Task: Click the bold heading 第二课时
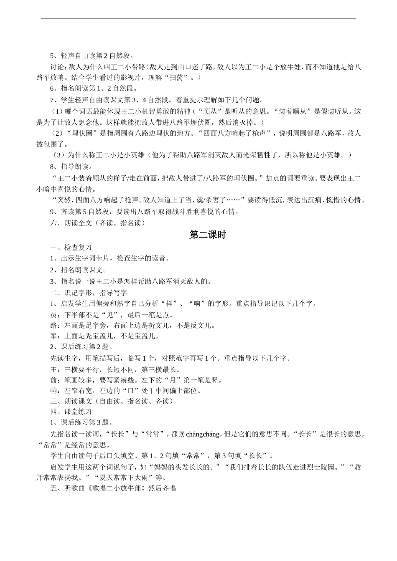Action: click(207, 235)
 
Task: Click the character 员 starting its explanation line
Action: click(53, 315)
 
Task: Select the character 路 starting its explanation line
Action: click(53, 326)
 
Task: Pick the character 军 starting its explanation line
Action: click(53, 336)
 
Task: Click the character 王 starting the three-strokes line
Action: click(53, 369)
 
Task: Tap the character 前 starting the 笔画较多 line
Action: click(53, 380)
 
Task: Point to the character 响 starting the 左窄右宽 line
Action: click(53, 391)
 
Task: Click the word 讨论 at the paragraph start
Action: click(57, 66)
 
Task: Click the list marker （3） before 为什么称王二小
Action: click(59, 155)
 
